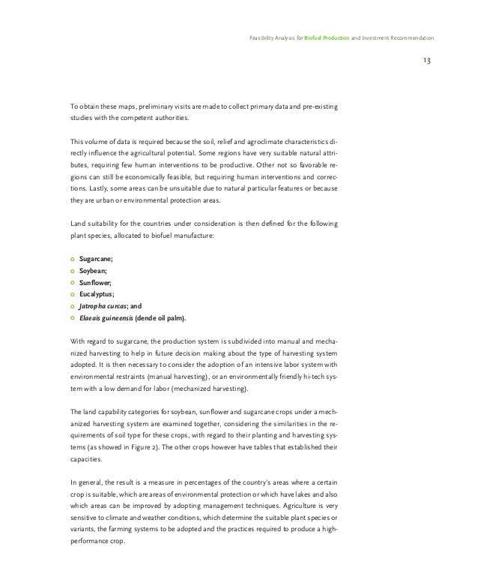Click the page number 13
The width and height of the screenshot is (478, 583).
pyautogui.click(x=426, y=60)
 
